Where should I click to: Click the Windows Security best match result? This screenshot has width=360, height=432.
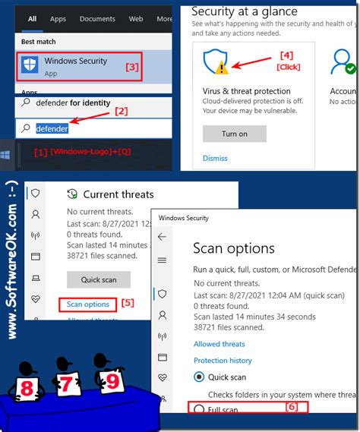point(76,66)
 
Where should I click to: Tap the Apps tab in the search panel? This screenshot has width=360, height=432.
point(58,18)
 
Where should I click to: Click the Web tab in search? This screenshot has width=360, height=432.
point(136,18)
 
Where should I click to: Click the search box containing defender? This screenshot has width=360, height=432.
point(91,128)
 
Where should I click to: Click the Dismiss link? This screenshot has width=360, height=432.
point(215,158)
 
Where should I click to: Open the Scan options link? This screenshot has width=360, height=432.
point(87,304)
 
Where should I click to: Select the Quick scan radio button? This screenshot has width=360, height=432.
point(200,377)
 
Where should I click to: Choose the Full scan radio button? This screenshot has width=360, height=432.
point(200,409)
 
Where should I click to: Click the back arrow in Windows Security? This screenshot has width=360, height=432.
point(162,237)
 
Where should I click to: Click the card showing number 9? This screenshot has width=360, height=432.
point(112,380)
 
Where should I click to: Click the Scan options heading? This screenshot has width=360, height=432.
point(233,248)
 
